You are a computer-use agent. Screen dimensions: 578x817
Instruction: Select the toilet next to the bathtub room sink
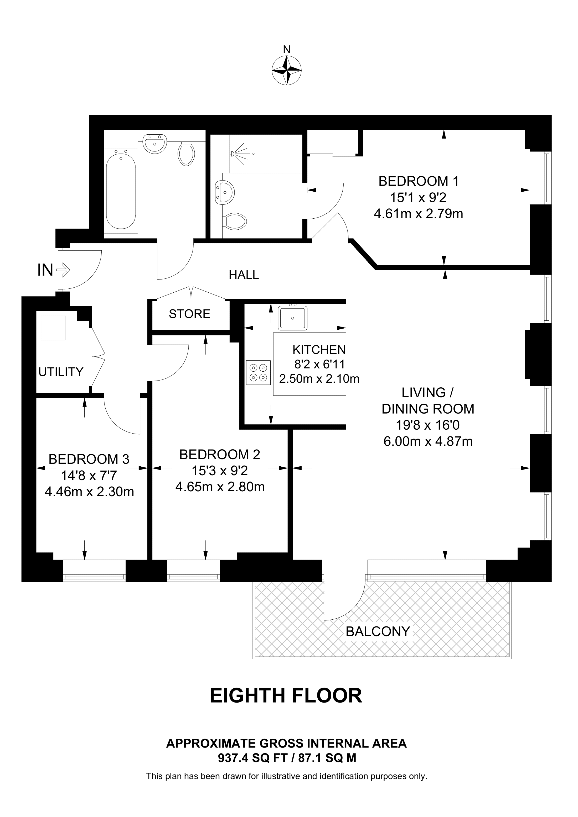[x=186, y=154]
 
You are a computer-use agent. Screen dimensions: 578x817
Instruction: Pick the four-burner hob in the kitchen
[x=258, y=373]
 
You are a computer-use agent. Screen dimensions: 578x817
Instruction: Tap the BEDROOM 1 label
[x=419, y=181]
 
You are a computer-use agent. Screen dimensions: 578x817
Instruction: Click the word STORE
[x=189, y=314]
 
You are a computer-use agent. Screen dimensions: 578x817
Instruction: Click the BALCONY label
[x=378, y=632]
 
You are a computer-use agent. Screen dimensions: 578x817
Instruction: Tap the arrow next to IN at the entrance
[x=63, y=270]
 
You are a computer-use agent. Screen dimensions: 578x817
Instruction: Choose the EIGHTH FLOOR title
[x=286, y=696]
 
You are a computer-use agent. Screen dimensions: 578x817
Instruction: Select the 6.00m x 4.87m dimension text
[x=428, y=442]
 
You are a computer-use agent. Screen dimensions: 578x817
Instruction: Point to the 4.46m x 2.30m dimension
[x=89, y=492]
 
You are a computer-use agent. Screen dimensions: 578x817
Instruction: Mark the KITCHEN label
[x=319, y=350]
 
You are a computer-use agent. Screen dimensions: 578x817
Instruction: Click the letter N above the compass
[x=287, y=49]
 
